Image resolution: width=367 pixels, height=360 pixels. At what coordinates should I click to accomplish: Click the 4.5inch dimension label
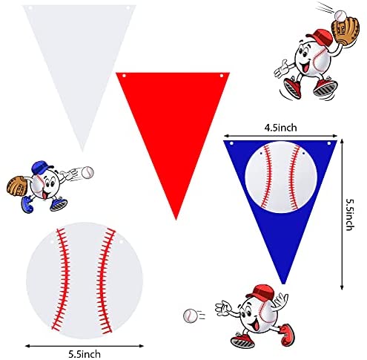[280, 128]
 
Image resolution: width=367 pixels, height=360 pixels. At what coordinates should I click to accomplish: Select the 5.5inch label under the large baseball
[85, 354]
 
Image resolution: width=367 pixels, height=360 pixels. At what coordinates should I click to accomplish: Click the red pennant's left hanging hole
[124, 76]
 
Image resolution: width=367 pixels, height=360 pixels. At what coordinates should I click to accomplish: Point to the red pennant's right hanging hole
[222, 76]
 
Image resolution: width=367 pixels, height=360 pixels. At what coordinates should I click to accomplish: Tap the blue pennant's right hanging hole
[329, 143]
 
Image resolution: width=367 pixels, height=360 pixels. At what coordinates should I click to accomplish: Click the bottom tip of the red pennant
[176, 220]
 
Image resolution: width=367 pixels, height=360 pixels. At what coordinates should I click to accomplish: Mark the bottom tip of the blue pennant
[284, 284]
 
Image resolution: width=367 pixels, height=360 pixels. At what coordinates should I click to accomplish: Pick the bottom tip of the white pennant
[82, 151]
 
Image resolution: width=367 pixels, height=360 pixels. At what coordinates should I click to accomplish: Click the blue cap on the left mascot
[42, 167]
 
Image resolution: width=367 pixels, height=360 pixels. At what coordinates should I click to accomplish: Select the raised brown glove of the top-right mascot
[345, 32]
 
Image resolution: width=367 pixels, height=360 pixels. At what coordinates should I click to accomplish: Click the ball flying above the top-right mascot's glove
[340, 16]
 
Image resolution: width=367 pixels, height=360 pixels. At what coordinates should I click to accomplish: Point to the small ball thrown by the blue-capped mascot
[87, 172]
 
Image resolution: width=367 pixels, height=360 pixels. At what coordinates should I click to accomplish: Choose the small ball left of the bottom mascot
[191, 315]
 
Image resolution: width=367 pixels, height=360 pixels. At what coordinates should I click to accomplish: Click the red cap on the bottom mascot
[261, 292]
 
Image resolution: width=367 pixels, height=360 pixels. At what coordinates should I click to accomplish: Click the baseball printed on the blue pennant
[281, 177]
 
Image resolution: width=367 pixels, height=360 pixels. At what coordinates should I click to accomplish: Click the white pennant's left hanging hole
[30, 8]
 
